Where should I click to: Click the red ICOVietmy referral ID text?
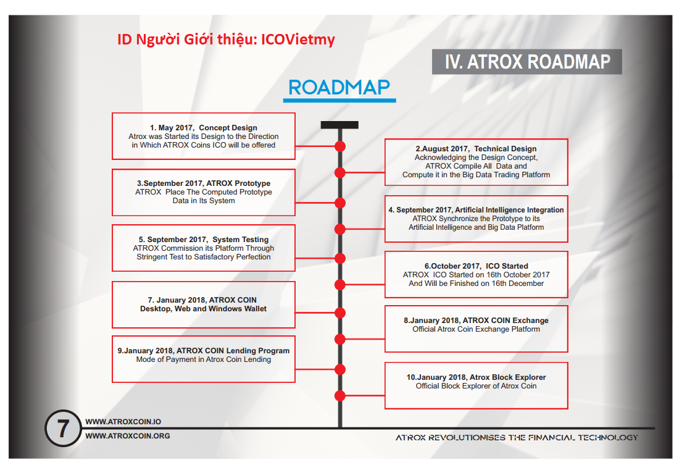coord(226,40)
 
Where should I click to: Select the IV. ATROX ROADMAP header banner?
coord(526,62)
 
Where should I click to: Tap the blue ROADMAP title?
coord(339,88)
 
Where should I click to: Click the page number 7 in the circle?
coord(63,429)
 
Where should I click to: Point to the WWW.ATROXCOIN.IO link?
coord(123,422)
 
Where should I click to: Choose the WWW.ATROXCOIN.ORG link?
coord(127,435)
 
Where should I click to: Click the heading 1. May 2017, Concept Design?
coord(203,128)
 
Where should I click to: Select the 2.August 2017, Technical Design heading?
coord(476,149)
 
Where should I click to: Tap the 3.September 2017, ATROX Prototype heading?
coord(203,183)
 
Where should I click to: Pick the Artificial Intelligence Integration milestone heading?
coord(476,210)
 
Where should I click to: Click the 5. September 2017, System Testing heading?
coord(203,239)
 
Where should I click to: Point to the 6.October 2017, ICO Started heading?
coord(476,266)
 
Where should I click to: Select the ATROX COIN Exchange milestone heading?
coord(476,321)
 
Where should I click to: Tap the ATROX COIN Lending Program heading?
coord(203,350)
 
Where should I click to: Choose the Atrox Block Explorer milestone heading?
coord(476,377)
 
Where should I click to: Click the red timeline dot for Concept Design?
coord(339,146)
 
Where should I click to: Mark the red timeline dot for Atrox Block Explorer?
coord(339,395)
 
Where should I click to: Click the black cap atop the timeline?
coord(339,125)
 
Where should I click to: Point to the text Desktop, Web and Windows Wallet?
coord(203,309)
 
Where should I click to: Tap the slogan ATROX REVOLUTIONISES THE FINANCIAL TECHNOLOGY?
coord(517,437)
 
